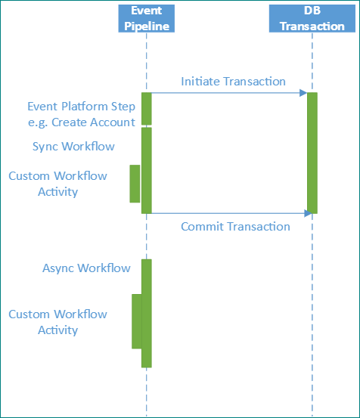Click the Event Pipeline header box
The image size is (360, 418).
click(146, 18)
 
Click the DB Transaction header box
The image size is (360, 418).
click(312, 18)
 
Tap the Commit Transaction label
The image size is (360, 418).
click(235, 226)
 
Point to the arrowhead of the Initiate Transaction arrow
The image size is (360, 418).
click(303, 93)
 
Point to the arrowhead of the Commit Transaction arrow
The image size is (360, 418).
click(309, 213)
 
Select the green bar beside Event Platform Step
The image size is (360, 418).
click(147, 108)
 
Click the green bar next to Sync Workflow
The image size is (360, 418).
click(147, 170)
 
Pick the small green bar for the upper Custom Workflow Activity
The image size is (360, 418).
click(135, 184)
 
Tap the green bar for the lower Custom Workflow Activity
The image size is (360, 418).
click(137, 321)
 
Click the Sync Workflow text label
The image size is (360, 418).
click(73, 146)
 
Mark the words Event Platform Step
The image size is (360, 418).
click(81, 107)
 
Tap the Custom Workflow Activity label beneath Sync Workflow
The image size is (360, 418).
click(58, 184)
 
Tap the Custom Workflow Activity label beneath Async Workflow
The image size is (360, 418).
click(58, 322)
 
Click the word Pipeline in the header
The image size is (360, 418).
click(146, 26)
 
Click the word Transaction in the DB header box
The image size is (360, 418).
click(312, 26)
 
